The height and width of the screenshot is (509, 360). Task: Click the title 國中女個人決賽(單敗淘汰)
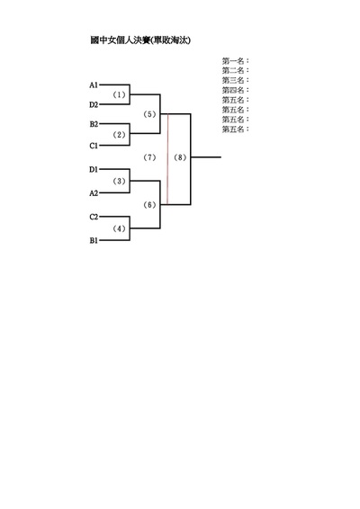pos(140,40)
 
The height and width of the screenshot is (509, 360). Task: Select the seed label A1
pos(94,85)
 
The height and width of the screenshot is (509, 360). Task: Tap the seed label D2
pos(94,104)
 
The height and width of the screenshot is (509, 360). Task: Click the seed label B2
pos(94,124)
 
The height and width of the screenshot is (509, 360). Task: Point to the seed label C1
pos(94,146)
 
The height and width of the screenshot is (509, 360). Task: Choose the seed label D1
pos(94,169)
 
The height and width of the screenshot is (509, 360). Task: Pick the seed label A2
pos(94,193)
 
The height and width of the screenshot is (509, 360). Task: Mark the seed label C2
pos(94,217)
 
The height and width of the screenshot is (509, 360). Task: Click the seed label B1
pos(94,240)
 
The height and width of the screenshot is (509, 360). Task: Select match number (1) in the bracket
pos(119,94)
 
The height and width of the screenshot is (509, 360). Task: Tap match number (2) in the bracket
pos(119,135)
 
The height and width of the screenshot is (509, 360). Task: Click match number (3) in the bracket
pos(119,181)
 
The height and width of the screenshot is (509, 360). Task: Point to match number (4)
pos(119,228)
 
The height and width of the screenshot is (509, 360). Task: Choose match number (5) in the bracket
pos(149,114)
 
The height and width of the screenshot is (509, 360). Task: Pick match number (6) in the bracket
pos(149,205)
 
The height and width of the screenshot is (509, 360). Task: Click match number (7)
pos(149,157)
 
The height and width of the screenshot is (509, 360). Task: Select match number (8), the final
pos(180,157)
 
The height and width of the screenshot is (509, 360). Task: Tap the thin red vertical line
pos(167,159)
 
